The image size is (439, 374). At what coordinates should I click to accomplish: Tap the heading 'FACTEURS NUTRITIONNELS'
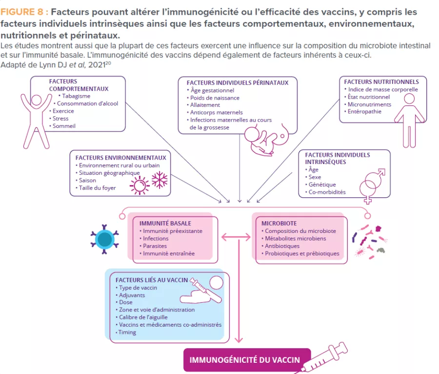click(381, 82)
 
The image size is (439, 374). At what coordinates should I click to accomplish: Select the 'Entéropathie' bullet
click(365, 112)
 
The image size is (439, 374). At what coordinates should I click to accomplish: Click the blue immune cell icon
click(104, 239)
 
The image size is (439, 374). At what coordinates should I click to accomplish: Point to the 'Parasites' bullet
click(155, 246)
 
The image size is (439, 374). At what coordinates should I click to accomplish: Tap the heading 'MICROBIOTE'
click(279, 223)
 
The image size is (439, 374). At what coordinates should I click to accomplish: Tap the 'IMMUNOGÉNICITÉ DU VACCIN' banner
click(244, 360)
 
